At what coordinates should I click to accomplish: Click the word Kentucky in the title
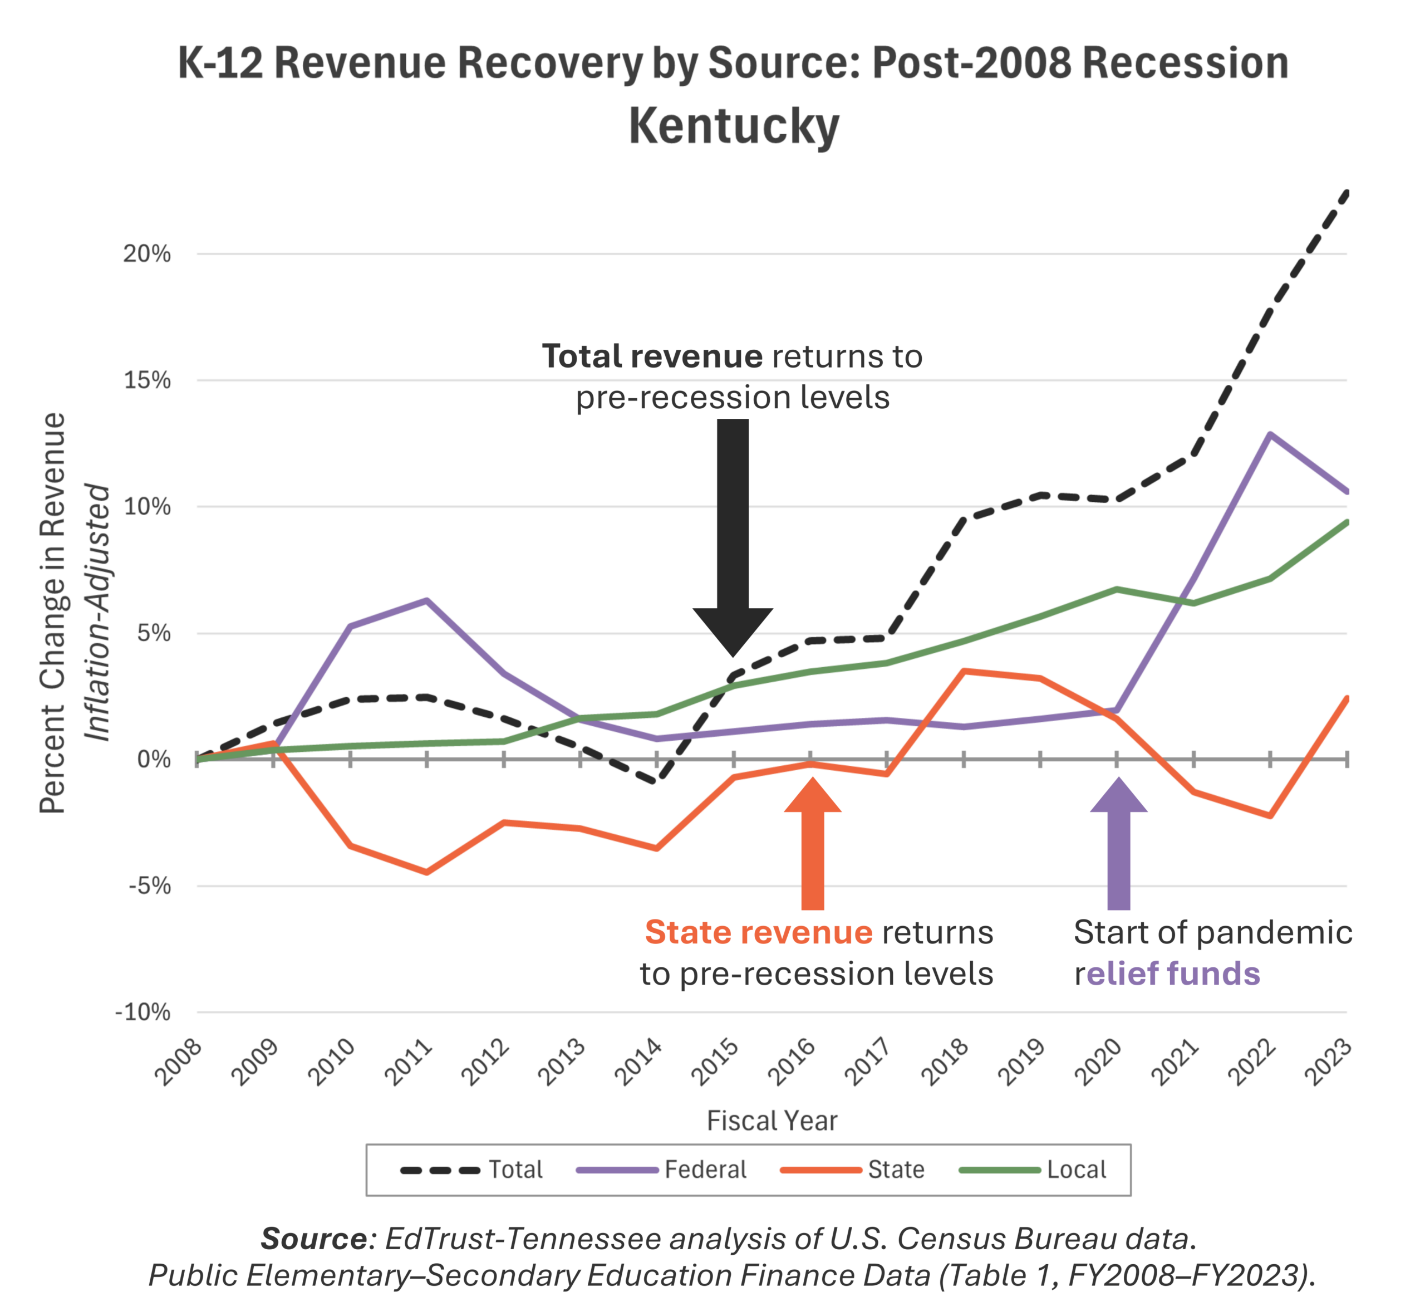(733, 127)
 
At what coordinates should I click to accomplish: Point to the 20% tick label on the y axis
(148, 254)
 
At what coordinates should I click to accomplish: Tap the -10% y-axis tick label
(143, 1012)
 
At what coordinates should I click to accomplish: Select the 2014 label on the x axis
(639, 1061)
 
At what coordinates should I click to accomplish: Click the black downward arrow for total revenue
(733, 541)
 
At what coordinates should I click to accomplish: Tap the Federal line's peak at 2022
(1270, 434)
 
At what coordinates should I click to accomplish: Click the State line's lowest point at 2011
(426, 872)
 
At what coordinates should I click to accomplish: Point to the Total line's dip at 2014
(656, 782)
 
